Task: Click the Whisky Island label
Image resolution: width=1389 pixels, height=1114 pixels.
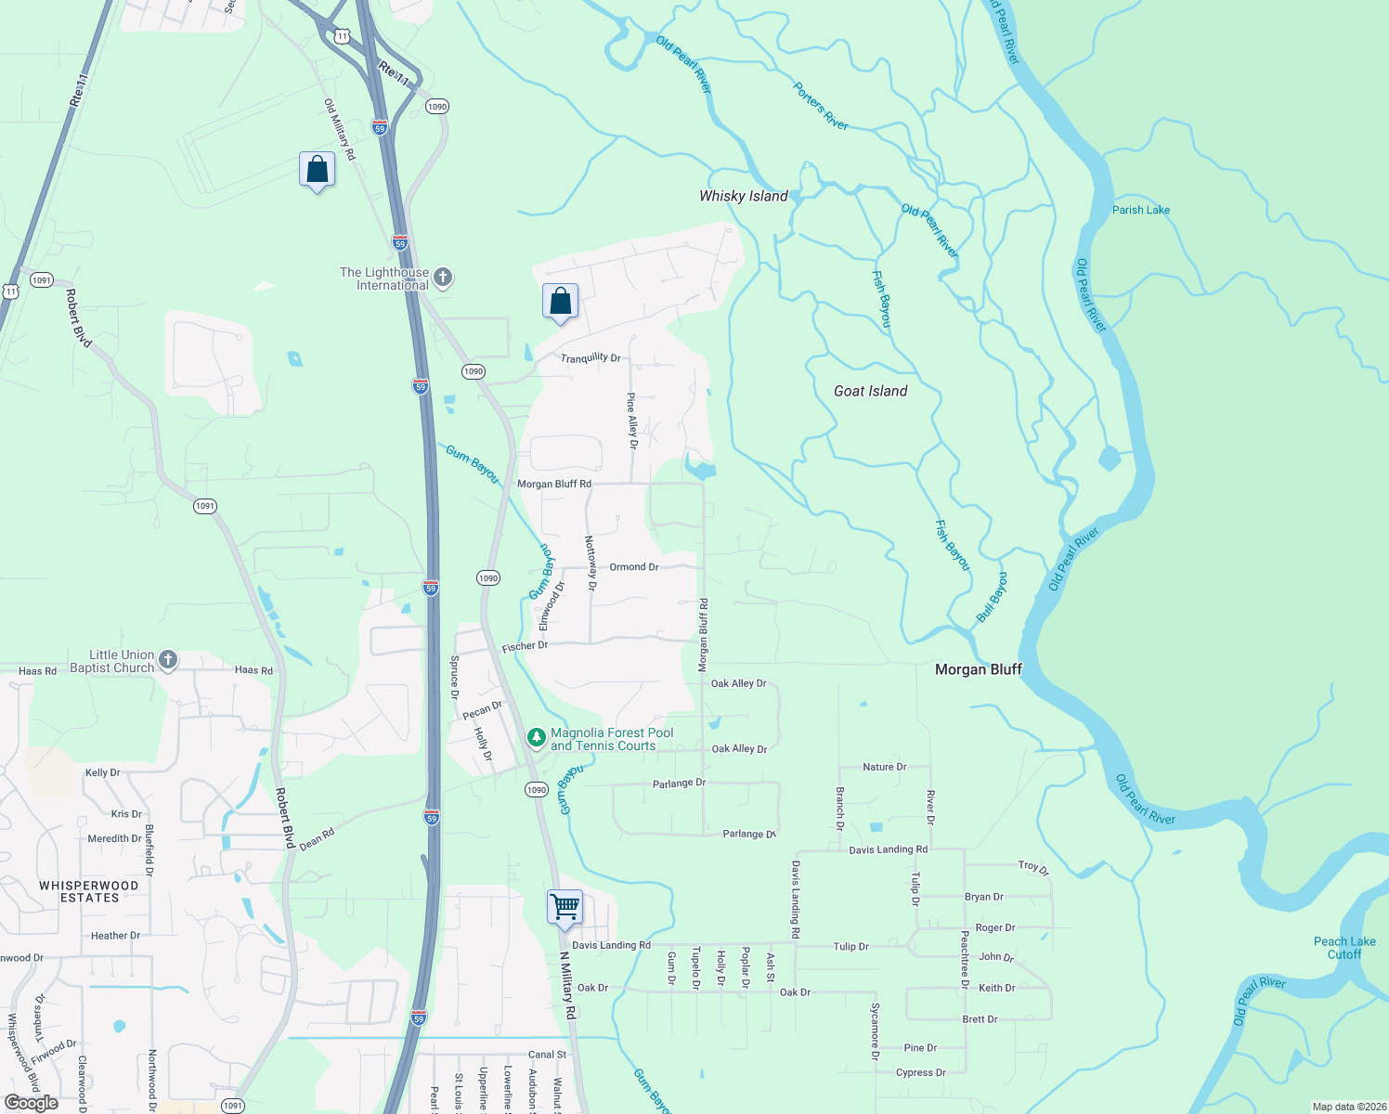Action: pos(743,196)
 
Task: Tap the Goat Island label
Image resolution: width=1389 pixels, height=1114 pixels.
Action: pos(870,391)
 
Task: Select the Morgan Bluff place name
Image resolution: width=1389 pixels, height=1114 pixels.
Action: pos(978,669)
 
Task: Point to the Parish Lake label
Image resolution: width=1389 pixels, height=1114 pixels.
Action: pos(1140,210)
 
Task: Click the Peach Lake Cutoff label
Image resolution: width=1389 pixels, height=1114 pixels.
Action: pos(1344,948)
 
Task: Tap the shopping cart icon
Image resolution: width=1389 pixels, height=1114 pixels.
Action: pos(565,907)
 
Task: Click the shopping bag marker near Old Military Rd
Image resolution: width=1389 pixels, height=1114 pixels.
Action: pos(317,170)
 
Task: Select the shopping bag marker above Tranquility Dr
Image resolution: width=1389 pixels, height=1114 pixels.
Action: pos(560,302)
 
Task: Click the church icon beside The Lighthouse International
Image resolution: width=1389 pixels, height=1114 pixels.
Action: pos(444,277)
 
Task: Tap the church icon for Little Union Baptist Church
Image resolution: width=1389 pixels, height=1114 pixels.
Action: pos(168,659)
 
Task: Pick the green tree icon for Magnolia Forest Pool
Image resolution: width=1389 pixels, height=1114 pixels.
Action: pos(536,738)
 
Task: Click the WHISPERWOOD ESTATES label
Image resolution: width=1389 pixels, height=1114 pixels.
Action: pos(89,891)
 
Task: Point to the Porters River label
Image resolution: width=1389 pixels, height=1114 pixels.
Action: pos(821,106)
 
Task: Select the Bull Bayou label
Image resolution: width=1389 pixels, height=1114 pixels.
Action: pos(992,597)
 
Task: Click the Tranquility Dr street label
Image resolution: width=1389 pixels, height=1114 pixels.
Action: pos(591,357)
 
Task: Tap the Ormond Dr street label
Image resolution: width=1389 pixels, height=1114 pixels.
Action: pos(633,566)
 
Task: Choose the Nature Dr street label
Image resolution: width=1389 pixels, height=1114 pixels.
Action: pos(884,767)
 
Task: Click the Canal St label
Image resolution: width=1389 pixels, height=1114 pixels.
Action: pos(547,1055)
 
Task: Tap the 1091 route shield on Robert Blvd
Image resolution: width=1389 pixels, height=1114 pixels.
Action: pos(205,506)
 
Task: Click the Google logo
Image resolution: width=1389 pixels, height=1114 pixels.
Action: pos(32,1103)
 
